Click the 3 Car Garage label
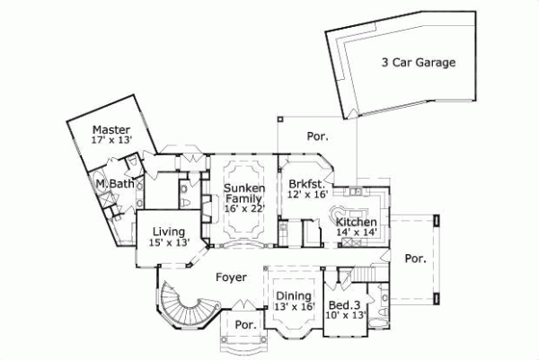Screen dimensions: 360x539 click(418, 63)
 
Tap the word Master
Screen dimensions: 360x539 click(112, 129)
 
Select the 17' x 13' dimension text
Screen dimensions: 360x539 click(112, 140)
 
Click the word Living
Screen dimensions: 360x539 click(168, 231)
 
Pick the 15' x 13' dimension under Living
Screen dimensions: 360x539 click(168, 241)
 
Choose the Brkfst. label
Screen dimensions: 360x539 click(305, 182)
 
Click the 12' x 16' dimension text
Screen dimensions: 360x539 click(305, 193)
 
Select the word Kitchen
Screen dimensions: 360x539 click(356, 222)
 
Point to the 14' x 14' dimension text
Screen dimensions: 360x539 click(356, 233)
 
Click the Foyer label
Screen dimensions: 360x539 click(231, 277)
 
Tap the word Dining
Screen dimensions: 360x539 click(294, 296)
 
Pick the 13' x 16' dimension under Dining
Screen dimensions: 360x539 click(294, 307)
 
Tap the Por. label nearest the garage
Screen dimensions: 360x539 click(317, 137)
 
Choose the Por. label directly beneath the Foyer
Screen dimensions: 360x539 click(244, 324)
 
